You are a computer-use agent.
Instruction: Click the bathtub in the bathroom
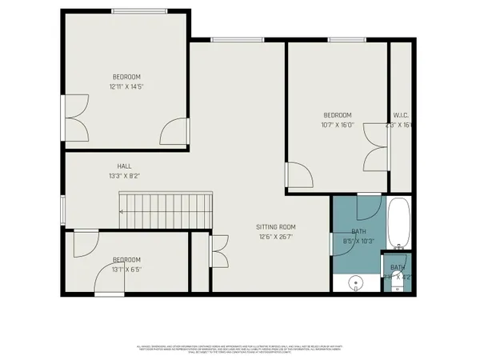coord(398,225)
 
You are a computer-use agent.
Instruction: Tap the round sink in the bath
coord(357,282)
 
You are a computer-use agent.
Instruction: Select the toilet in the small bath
coord(398,285)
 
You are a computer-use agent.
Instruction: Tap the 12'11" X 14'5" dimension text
coord(127,86)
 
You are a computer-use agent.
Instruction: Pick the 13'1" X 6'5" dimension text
coord(126,270)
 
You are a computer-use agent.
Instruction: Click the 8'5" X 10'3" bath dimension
coord(358,240)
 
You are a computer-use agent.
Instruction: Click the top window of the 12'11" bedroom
coord(139,10)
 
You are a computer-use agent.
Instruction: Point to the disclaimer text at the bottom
coord(240,350)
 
